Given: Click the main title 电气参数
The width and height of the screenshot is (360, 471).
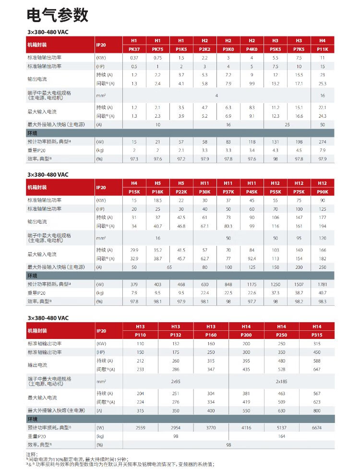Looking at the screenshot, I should (58, 15).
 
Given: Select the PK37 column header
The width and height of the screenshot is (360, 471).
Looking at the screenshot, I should (134, 49).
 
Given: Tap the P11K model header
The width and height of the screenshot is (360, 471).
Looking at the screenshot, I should (323, 49).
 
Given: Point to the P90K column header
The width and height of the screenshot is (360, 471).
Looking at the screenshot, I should (323, 192).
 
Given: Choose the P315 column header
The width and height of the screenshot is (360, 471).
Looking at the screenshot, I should (317, 335).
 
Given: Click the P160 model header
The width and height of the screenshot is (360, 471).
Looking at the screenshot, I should (211, 335).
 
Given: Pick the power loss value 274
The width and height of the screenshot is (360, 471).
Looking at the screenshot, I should (323, 142).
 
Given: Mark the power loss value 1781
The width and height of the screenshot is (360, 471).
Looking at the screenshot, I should (323, 284).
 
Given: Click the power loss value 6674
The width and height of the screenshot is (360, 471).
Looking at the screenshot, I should (317, 427).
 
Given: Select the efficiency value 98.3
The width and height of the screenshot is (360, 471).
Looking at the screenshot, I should (323, 301).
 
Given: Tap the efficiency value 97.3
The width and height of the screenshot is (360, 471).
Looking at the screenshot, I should (134, 158).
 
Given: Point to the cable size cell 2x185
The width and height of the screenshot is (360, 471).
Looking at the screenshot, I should (281, 381).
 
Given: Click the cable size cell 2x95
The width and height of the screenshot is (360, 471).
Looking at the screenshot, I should (176, 381).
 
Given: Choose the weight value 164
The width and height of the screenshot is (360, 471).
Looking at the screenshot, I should (281, 436).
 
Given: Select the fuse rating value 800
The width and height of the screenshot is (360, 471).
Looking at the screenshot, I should (317, 411).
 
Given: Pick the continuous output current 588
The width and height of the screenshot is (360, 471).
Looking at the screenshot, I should (317, 361).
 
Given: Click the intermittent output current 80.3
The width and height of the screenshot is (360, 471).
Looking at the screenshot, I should (228, 226).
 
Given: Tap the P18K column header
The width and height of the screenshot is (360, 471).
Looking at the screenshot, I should (157, 192).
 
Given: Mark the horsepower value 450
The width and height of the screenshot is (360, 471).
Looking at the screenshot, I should (317, 352).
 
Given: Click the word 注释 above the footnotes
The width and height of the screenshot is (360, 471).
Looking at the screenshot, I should (32, 454).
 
